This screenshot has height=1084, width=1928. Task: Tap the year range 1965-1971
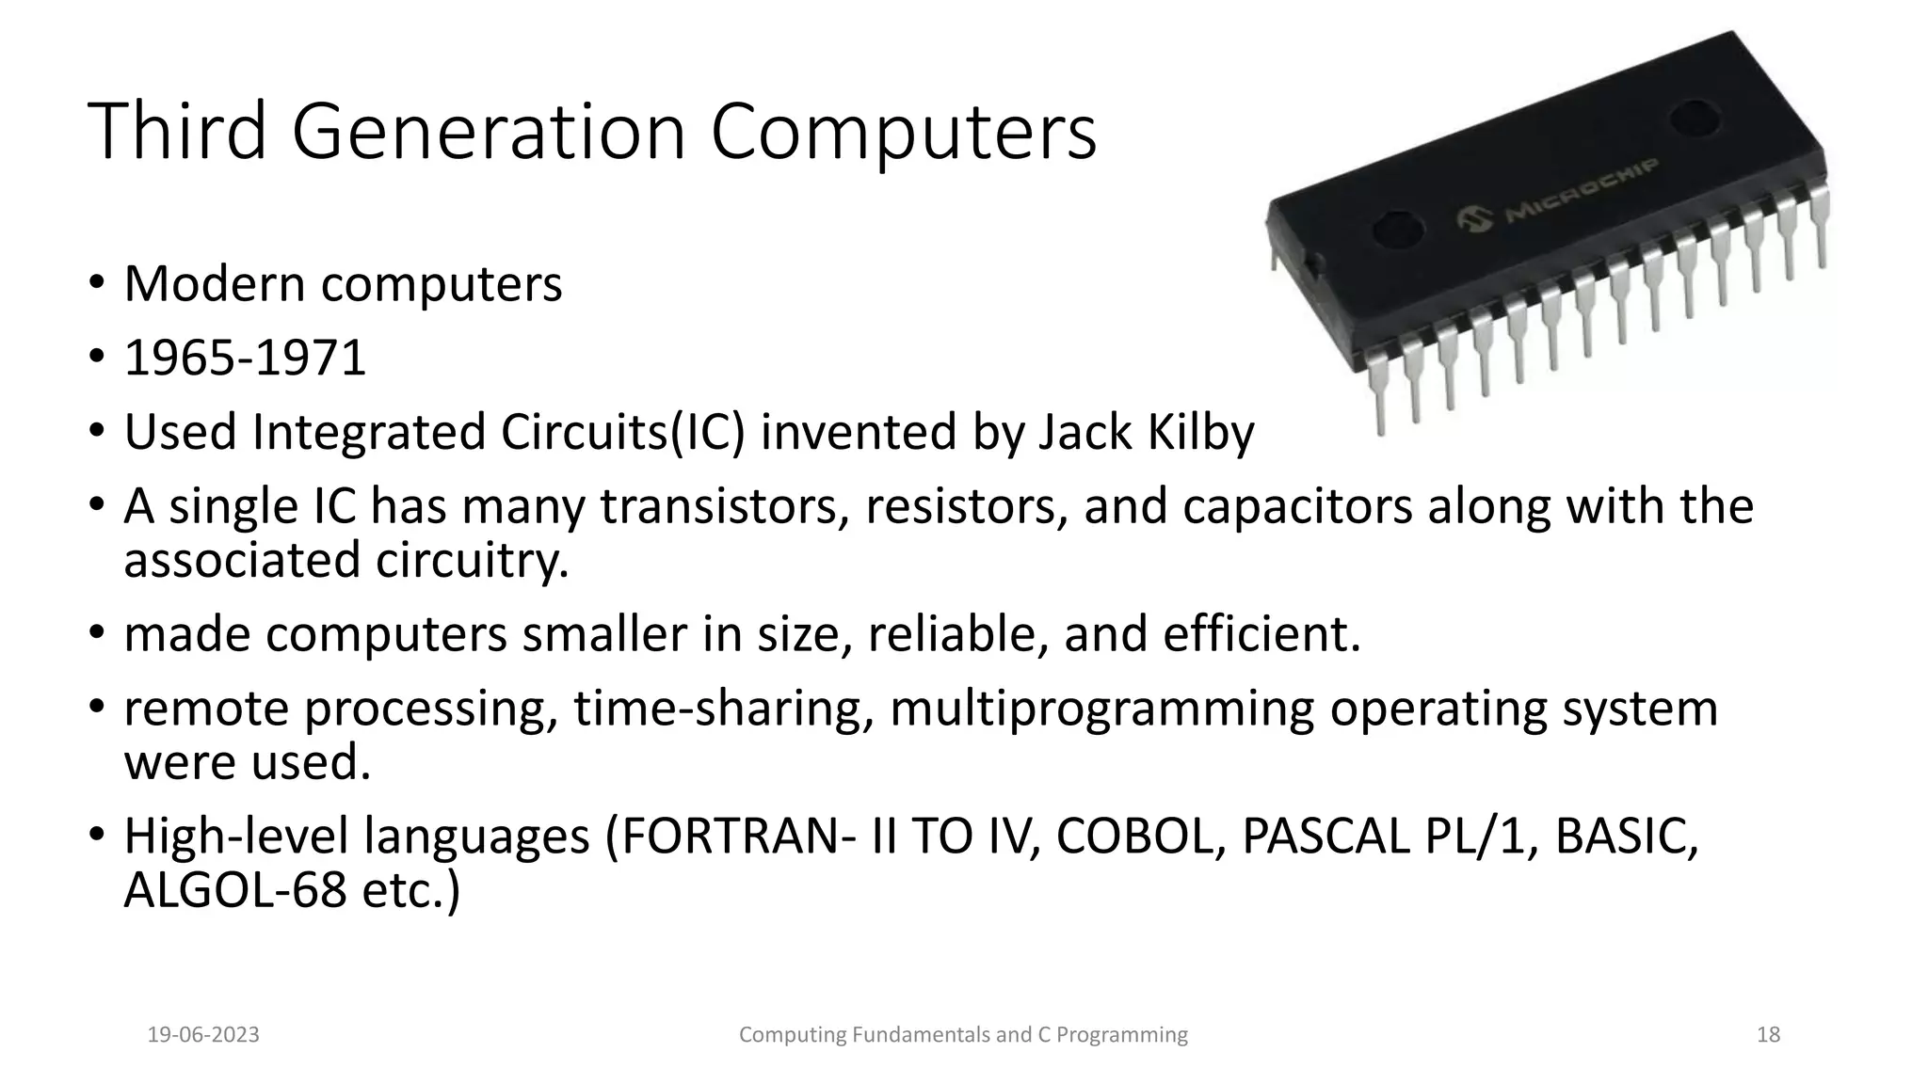pyautogui.click(x=245, y=359)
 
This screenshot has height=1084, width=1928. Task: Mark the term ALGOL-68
pyautogui.click(x=235, y=890)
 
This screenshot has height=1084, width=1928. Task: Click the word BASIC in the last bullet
pyautogui.click(x=1626, y=837)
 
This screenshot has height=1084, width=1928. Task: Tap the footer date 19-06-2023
pyautogui.click(x=203, y=1035)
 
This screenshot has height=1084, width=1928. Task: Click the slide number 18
pyautogui.click(x=1768, y=1035)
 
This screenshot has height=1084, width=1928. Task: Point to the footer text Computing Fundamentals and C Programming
pyautogui.click(x=963, y=1035)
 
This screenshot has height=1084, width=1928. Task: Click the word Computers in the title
pyautogui.click(x=903, y=132)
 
